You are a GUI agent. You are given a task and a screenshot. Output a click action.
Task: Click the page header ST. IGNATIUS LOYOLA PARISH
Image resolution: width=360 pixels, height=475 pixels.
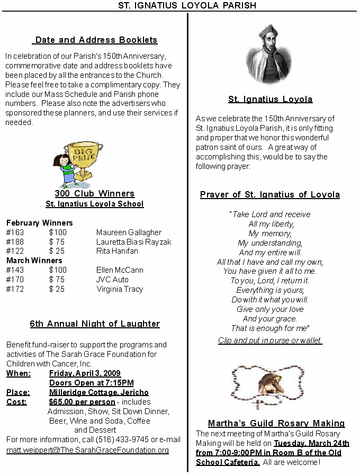point(179,5)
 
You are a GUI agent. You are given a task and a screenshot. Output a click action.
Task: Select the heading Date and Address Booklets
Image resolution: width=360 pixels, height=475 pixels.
point(96,40)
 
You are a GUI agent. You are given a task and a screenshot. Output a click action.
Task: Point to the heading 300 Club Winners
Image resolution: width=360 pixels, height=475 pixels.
point(95,193)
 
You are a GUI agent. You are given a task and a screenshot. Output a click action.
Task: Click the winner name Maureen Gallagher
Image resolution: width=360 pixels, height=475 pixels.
point(129,232)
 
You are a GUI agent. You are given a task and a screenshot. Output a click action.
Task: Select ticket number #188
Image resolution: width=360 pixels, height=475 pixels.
point(15,241)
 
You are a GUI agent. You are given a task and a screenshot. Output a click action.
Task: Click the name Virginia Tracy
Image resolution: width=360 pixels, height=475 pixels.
point(120,289)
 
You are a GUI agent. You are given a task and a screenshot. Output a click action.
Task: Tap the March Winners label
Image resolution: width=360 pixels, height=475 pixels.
point(34,261)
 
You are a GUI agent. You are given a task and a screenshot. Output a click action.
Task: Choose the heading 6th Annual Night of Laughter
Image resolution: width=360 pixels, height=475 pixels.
point(95,324)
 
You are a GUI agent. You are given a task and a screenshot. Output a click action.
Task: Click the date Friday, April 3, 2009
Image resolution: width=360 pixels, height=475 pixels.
point(85,373)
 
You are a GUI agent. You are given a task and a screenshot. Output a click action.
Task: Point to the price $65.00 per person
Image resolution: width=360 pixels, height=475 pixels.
point(82,402)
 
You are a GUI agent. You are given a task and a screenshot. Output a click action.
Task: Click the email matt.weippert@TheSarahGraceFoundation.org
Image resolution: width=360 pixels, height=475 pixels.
point(87,450)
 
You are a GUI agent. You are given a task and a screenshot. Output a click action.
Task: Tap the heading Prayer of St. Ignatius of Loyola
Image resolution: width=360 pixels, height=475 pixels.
point(270,194)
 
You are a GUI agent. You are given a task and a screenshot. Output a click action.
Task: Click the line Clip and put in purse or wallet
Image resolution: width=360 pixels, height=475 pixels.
point(270,340)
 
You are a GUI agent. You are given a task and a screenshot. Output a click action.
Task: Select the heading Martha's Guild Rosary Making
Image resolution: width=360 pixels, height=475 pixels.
point(276,423)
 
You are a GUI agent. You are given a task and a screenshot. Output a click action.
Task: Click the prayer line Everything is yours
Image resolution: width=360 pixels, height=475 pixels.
point(270,290)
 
